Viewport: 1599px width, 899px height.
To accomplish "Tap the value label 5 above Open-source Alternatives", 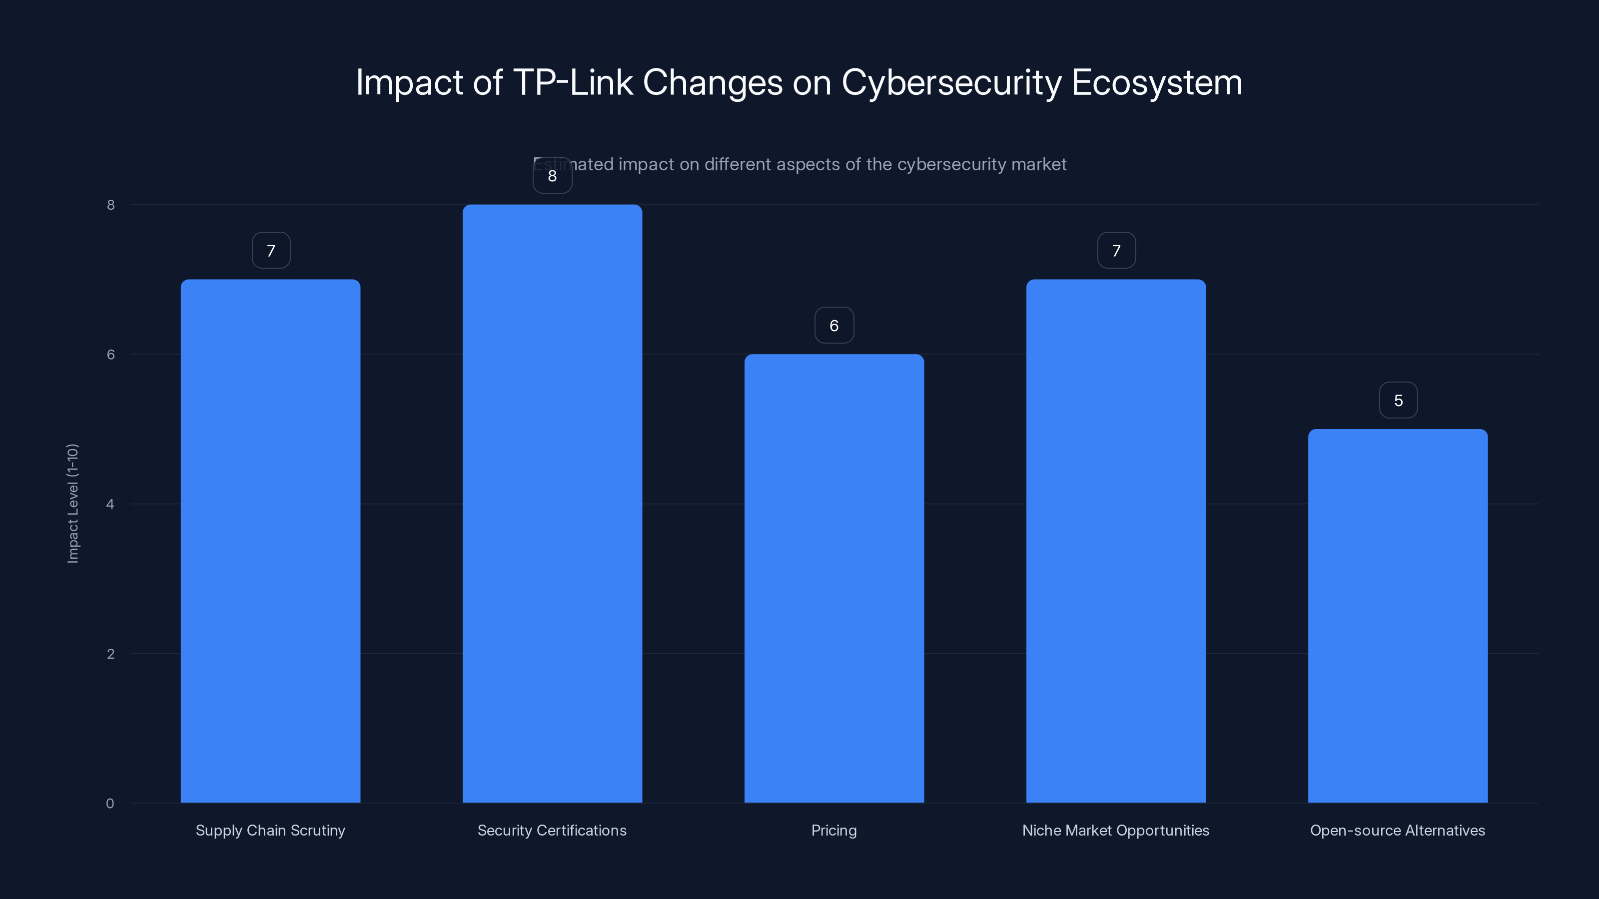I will [1398, 401].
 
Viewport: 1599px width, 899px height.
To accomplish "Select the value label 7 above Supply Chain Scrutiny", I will [271, 251].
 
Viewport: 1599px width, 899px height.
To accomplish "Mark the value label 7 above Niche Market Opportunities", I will [1116, 251].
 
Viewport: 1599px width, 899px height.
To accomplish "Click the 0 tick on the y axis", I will [110, 804].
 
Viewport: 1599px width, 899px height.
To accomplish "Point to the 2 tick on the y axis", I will [110, 654].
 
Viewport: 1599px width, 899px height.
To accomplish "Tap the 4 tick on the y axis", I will [110, 504].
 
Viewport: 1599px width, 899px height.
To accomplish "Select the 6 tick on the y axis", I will [110, 354].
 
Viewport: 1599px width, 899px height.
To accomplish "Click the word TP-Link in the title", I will [572, 82].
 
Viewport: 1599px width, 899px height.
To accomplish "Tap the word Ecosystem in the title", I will [1156, 82].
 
